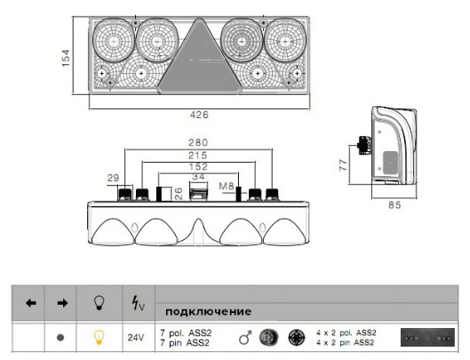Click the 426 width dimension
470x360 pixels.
(199, 115)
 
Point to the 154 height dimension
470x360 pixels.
(66, 58)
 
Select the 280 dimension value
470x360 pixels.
(198, 142)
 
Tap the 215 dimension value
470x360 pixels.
(198, 156)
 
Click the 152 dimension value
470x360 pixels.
(198, 166)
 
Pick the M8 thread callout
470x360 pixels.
(227, 187)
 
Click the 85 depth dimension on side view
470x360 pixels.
(394, 205)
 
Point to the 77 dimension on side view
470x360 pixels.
(343, 165)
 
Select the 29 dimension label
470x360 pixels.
(114, 178)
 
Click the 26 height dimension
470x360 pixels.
(179, 194)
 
